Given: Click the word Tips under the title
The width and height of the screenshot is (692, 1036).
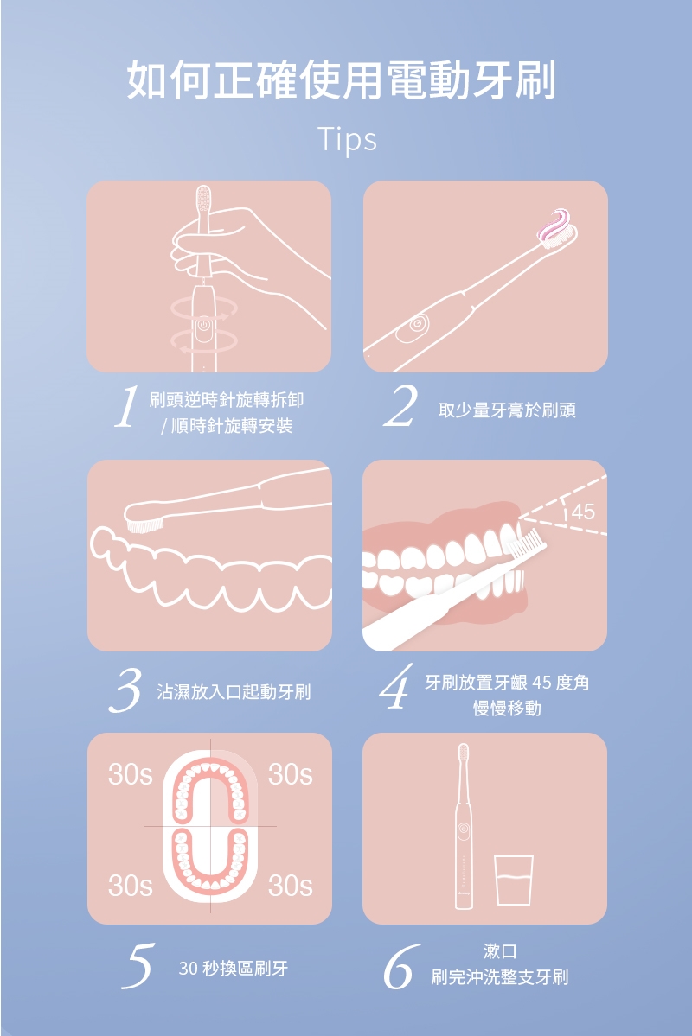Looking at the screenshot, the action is tap(347, 139).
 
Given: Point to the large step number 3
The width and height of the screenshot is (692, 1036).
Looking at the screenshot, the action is tap(125, 690).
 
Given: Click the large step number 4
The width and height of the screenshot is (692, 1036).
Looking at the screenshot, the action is tap(396, 686).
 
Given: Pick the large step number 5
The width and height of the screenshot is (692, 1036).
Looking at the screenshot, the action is tap(138, 966).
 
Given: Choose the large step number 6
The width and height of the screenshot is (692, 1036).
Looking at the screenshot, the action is tap(400, 967).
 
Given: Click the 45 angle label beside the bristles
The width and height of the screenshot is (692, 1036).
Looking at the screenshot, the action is tap(583, 512).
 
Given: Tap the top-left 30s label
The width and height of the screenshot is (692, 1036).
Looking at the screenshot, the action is tap(131, 774).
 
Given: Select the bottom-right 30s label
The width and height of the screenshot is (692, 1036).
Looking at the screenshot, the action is tap(291, 886).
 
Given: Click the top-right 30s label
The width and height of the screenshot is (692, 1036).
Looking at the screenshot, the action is tap(291, 774).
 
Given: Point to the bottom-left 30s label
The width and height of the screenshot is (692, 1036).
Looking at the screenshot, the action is tap(131, 886).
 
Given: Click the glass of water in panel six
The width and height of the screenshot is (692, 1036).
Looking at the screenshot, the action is tap(514, 880).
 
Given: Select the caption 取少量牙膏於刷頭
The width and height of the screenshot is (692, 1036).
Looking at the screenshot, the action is tap(507, 410).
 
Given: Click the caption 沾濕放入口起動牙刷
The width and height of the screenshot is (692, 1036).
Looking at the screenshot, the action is tap(234, 692).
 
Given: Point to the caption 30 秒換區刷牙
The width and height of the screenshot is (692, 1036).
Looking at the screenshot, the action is tap(234, 969).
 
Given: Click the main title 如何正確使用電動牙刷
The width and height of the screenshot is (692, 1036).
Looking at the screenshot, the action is tap(342, 80).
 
